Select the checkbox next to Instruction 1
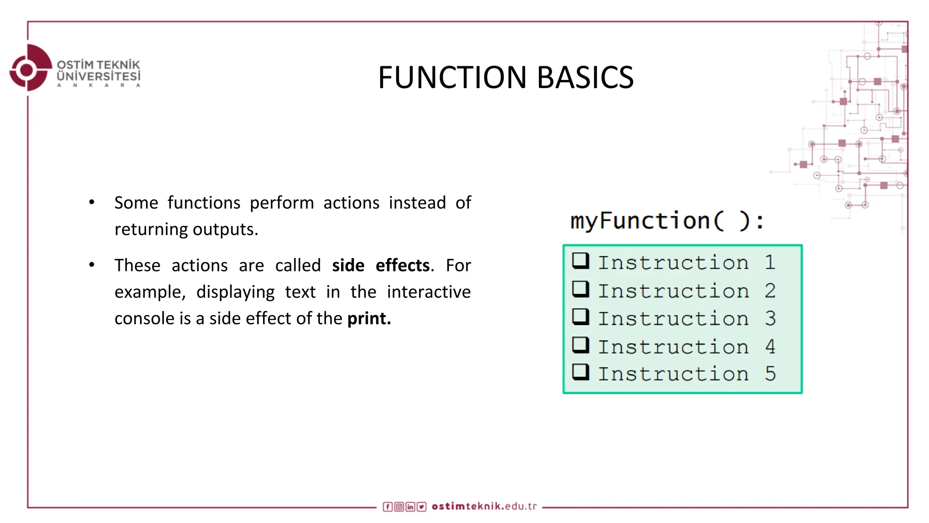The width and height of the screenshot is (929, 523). tap(580, 261)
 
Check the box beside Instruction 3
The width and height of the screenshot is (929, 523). tap(580, 317)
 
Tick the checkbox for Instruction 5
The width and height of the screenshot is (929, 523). tap(580, 372)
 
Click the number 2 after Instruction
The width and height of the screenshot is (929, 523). tap(770, 291)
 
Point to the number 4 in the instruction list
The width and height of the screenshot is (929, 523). tap(770, 347)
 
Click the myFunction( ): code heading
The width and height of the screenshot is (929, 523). tap(667, 221)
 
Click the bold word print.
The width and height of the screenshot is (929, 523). tap(369, 319)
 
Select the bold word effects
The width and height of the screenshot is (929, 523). tap(402, 266)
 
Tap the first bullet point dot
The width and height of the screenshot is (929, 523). tap(92, 202)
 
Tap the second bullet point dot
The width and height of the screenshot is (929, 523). tap(92, 265)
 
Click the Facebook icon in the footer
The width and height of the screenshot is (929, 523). tap(387, 507)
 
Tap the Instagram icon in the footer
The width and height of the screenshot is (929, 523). tap(399, 507)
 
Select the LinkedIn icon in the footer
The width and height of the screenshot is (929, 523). tap(410, 507)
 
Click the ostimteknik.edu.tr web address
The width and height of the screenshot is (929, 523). tap(484, 506)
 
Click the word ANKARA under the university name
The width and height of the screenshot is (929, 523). tap(98, 85)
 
